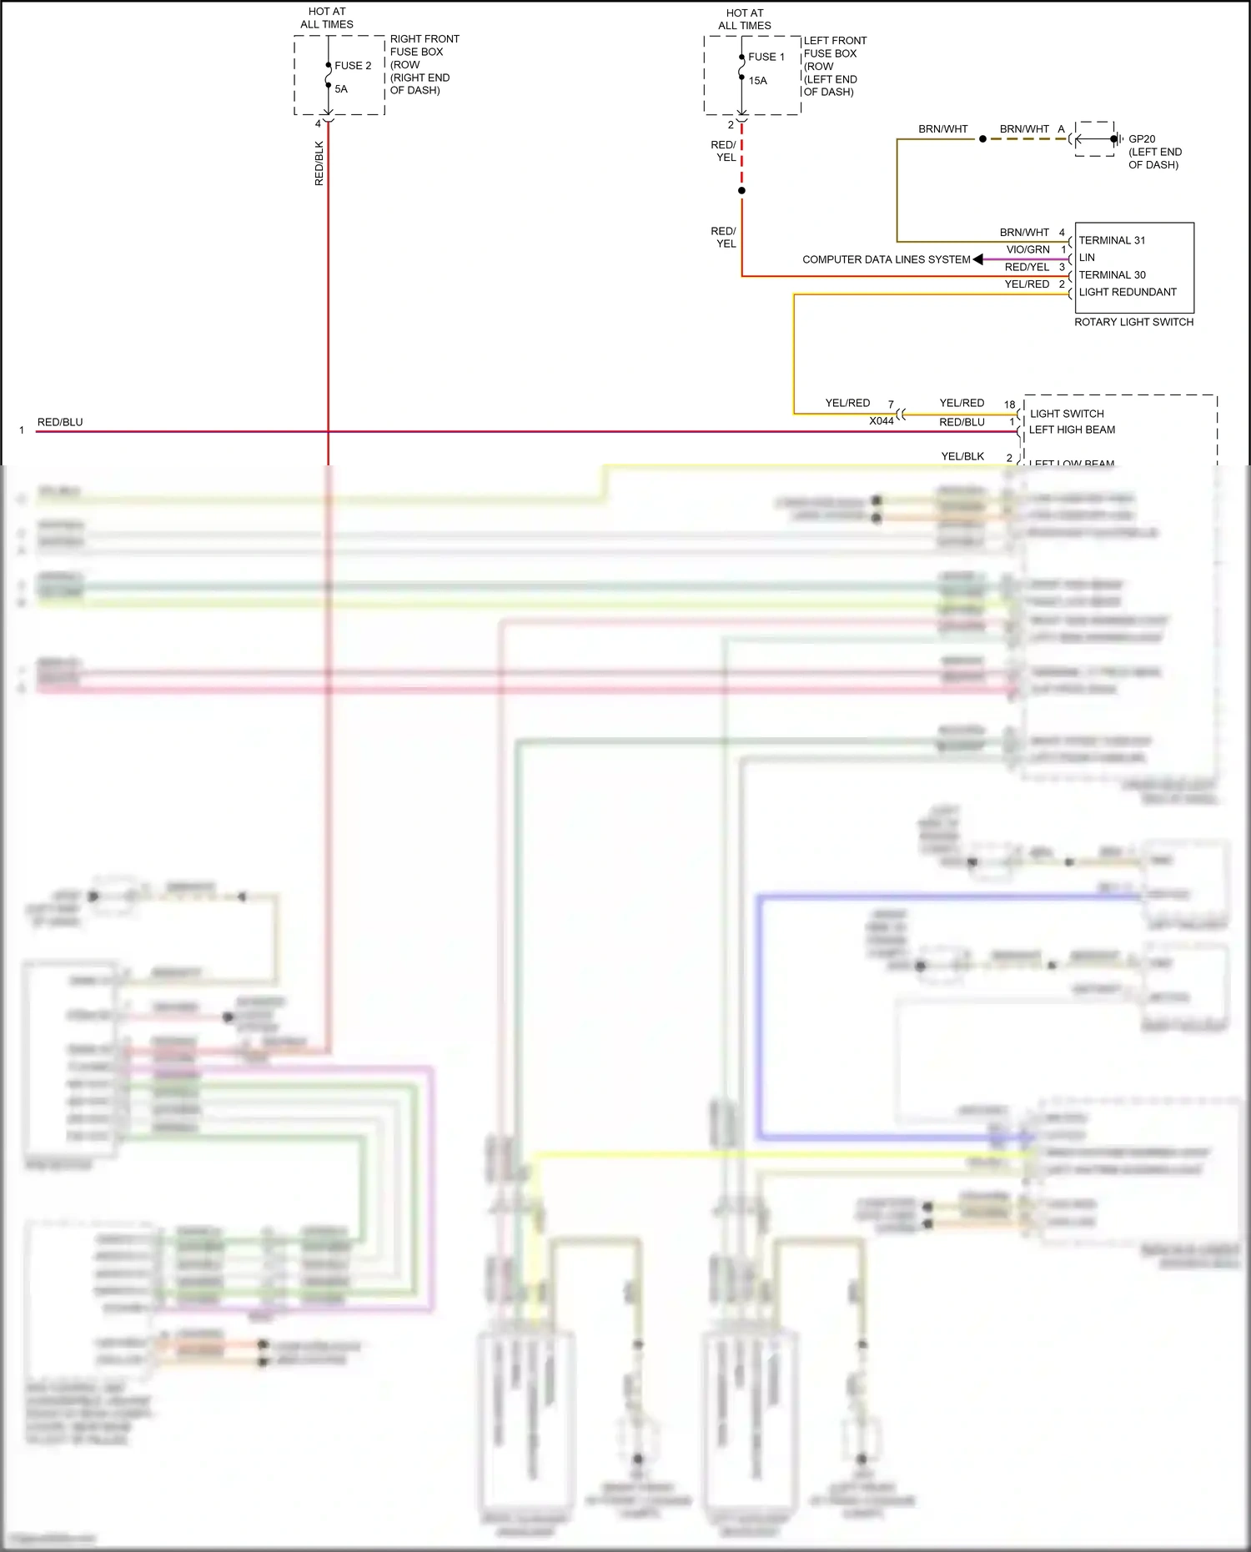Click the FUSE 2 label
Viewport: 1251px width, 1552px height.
tap(353, 66)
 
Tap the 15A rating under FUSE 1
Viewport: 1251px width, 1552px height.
tap(757, 81)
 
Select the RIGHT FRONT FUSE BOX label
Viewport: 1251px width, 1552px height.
tap(424, 64)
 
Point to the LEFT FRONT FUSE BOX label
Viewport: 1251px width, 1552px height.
tap(834, 66)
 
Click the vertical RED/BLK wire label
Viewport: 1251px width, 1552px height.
tap(319, 163)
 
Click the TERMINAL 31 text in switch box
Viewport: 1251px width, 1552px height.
tap(1112, 240)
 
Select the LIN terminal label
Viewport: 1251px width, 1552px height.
tap(1087, 258)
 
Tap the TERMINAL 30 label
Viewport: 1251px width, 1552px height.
tap(1112, 275)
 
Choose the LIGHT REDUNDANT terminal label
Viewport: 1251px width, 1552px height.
tap(1128, 292)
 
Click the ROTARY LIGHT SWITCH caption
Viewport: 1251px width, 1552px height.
tap(1133, 322)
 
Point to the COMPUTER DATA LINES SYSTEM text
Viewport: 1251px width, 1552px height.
tap(886, 259)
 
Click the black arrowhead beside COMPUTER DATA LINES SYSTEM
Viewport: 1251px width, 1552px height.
tap(977, 259)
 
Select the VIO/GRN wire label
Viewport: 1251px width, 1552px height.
tap(1027, 249)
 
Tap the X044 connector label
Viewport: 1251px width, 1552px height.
tap(881, 421)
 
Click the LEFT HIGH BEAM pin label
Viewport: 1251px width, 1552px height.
tap(1072, 429)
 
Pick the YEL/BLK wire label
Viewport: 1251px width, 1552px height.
tap(962, 456)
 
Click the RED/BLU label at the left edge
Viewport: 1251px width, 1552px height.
tap(60, 422)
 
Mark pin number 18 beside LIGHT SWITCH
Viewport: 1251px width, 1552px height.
tap(1009, 404)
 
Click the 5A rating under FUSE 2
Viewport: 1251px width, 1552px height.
tap(341, 89)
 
